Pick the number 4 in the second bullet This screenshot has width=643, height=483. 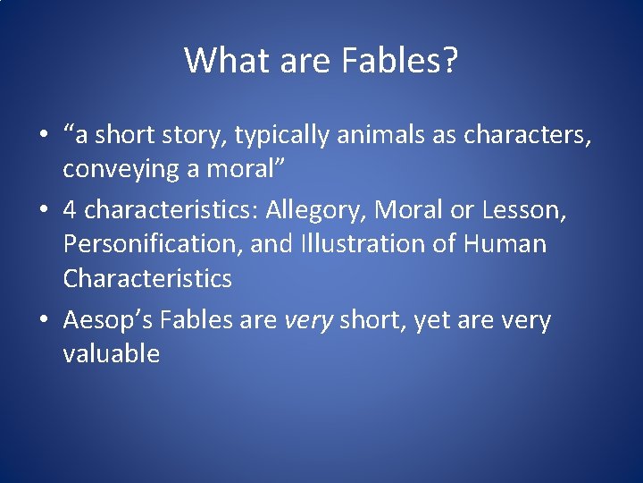coord(70,209)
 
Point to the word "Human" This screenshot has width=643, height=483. coord(510,243)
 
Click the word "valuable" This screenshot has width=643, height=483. coord(112,354)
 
